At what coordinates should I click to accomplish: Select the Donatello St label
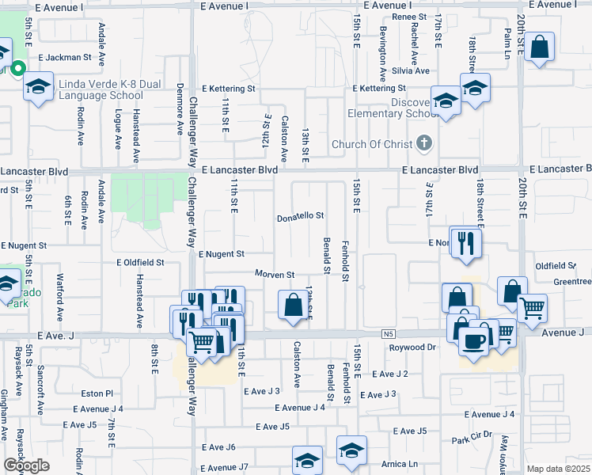pos(300,216)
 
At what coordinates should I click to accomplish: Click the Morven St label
pos(274,275)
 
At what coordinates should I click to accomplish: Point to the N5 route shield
pos(387,335)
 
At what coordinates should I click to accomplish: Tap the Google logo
pos(26,465)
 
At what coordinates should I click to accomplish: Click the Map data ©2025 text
pos(558,469)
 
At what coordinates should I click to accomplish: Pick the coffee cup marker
pos(474,341)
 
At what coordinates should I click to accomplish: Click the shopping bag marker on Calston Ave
pos(293,305)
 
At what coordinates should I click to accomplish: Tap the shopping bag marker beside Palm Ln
pos(539,47)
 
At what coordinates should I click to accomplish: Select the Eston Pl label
pos(98,393)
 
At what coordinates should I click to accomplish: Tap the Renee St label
pos(408,17)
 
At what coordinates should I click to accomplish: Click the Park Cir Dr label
pos(472,437)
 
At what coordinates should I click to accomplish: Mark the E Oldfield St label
pos(140,262)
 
